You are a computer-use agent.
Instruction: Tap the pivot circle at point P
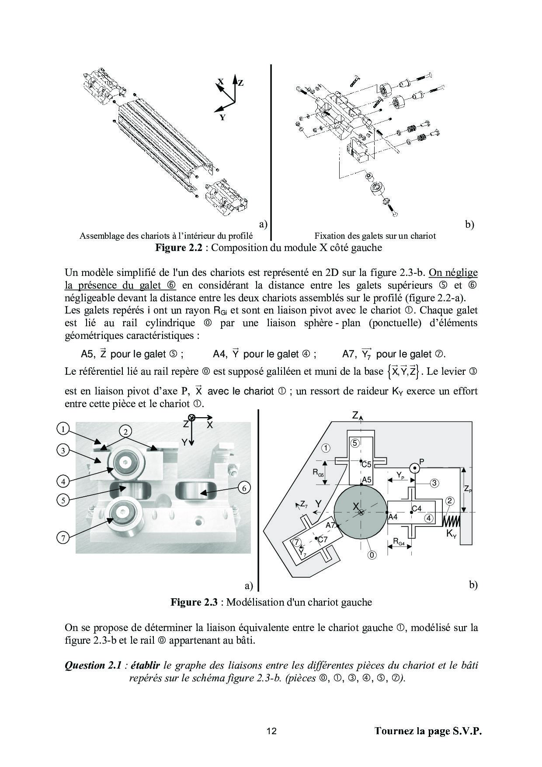click(414, 468)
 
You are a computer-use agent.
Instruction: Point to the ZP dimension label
click(467, 490)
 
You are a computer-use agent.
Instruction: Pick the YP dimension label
click(400, 474)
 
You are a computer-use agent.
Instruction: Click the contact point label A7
click(330, 525)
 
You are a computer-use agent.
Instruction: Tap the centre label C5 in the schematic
click(366, 464)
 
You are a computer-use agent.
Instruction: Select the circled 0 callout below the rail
click(372, 555)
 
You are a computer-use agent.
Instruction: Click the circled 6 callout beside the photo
click(244, 488)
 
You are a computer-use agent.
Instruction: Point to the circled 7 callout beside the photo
click(63, 537)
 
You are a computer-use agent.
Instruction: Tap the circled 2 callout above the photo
click(125, 432)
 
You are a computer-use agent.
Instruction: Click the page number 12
click(271, 731)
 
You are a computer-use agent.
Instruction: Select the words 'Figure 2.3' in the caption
click(194, 602)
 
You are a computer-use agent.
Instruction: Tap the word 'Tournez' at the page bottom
click(394, 731)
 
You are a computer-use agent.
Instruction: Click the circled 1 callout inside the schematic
click(325, 447)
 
